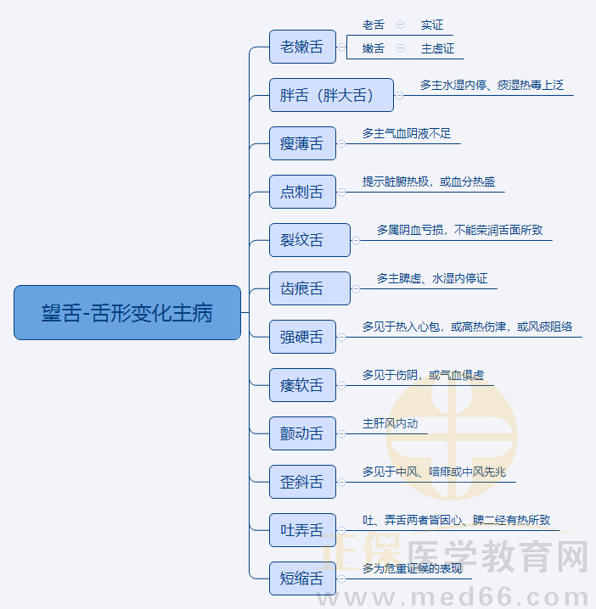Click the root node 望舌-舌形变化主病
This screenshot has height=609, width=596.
point(127,313)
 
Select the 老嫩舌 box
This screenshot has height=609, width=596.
point(302,47)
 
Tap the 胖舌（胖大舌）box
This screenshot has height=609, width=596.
point(331,95)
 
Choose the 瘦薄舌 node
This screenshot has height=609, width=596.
point(302,143)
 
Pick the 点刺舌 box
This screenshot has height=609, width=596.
point(302,192)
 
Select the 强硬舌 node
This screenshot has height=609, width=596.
point(302,337)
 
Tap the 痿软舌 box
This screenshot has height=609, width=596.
point(302,385)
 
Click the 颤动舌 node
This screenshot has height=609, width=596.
point(302,433)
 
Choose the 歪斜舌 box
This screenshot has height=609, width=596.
point(302,482)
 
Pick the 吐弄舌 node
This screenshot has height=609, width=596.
point(302,530)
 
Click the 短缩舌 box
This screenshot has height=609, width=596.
point(302,578)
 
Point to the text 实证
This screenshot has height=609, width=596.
point(432,25)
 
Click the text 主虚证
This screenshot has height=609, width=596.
point(437,48)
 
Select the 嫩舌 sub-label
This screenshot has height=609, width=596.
point(374,48)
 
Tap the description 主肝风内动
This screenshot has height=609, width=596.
point(390,423)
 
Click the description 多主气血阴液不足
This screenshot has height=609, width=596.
point(407,133)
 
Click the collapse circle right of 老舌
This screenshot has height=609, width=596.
point(400,25)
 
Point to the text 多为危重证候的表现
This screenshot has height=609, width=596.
point(412,568)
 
